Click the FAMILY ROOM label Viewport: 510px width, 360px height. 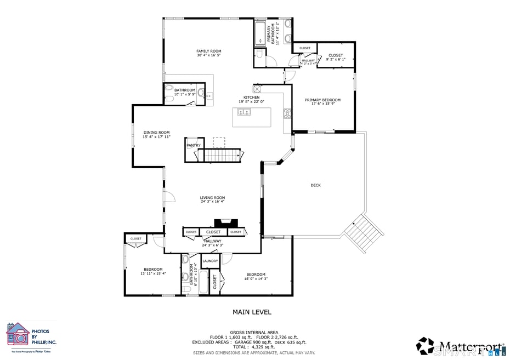[x=208, y=51]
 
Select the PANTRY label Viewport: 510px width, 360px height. [x=194, y=145]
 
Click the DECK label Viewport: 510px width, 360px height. [x=315, y=185]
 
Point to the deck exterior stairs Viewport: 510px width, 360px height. [x=363, y=233]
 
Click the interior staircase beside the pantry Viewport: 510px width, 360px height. [x=223, y=156]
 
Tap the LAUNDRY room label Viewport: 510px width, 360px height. [x=210, y=261]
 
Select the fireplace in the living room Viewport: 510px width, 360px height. [x=226, y=223]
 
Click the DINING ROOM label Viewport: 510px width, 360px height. [x=156, y=132]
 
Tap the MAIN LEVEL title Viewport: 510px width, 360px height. [x=252, y=312]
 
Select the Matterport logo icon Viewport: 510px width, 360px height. [x=425, y=346]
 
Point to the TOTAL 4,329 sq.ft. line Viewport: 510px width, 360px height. [x=254, y=347]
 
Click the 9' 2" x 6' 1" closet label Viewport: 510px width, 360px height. [x=336, y=59]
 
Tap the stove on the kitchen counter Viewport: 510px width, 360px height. [x=286, y=113]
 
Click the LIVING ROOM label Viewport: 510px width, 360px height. [x=212, y=198]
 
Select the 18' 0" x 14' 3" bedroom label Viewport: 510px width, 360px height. [x=256, y=279]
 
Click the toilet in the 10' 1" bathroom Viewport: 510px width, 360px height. [x=169, y=88]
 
